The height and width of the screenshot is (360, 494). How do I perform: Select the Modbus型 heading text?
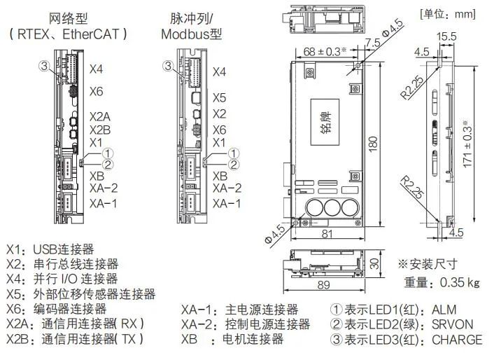(x=191, y=34)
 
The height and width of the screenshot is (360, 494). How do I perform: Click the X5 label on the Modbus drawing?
(x=219, y=98)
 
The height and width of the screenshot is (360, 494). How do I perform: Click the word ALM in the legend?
(x=446, y=309)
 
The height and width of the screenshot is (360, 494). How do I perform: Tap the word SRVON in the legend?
(x=453, y=324)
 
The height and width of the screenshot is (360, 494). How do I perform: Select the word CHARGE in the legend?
(x=458, y=340)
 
